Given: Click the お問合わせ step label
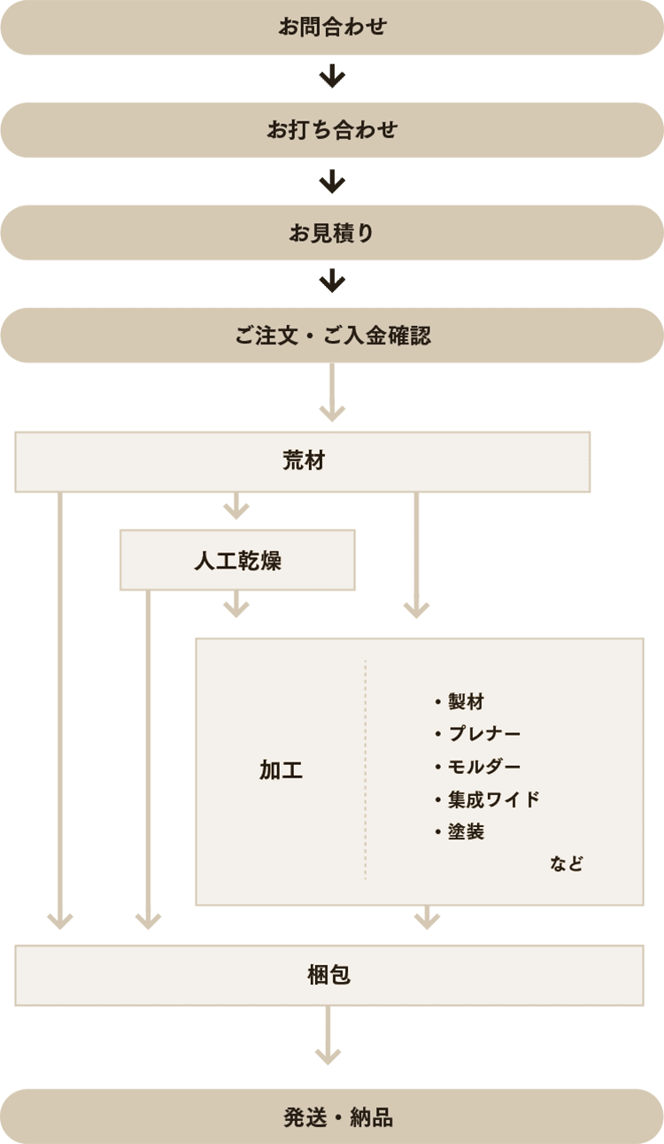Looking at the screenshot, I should pos(332,27).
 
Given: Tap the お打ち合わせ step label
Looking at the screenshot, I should pos(332,130).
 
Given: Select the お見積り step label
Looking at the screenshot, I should pos(332,233).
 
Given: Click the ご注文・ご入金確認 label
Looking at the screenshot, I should pos(332,336).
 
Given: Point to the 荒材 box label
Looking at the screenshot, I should pos(304,461).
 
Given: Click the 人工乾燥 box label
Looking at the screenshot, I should pos(237,560).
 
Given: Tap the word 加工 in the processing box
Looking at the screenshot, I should pos(281,770).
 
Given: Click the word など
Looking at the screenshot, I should pos(567,863).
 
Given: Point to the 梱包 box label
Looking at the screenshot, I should pos(328,975).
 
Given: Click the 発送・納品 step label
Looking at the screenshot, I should pos(337,1117).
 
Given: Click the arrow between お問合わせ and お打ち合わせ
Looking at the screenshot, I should pos(332,78).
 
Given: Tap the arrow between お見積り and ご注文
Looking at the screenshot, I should pos(332,282).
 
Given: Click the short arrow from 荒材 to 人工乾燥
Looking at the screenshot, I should pos(236,506).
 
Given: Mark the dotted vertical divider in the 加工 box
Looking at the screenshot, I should pos(365,770).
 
